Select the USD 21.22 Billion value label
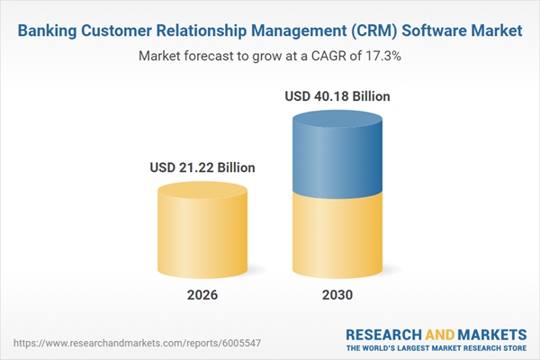[x=202, y=167]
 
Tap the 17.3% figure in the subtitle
[x=382, y=56]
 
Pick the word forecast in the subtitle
[x=211, y=56]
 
